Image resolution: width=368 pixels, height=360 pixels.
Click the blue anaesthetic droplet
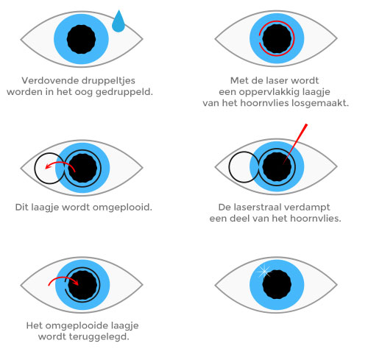(118, 22)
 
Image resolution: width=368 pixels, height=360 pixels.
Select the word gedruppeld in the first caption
(124, 92)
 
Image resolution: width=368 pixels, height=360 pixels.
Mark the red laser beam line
(294, 144)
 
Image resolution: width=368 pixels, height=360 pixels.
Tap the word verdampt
(311, 208)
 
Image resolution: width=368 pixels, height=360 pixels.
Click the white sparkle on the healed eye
(263, 272)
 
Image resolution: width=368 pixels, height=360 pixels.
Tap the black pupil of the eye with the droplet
(81, 39)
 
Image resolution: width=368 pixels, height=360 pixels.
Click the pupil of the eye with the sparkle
(277, 285)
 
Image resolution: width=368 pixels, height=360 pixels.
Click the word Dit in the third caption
(21, 208)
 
